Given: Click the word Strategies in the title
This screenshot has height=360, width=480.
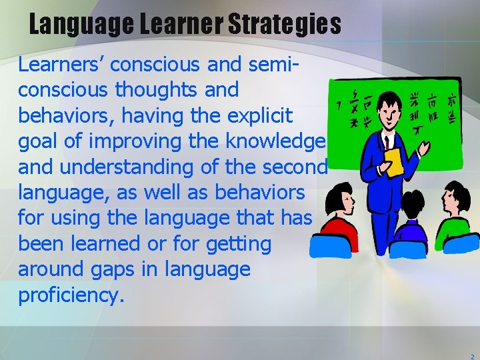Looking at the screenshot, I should click(x=285, y=25).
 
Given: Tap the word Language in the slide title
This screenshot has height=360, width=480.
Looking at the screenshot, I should click(x=82, y=25).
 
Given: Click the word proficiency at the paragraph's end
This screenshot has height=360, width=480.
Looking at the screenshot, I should click(x=71, y=295).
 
